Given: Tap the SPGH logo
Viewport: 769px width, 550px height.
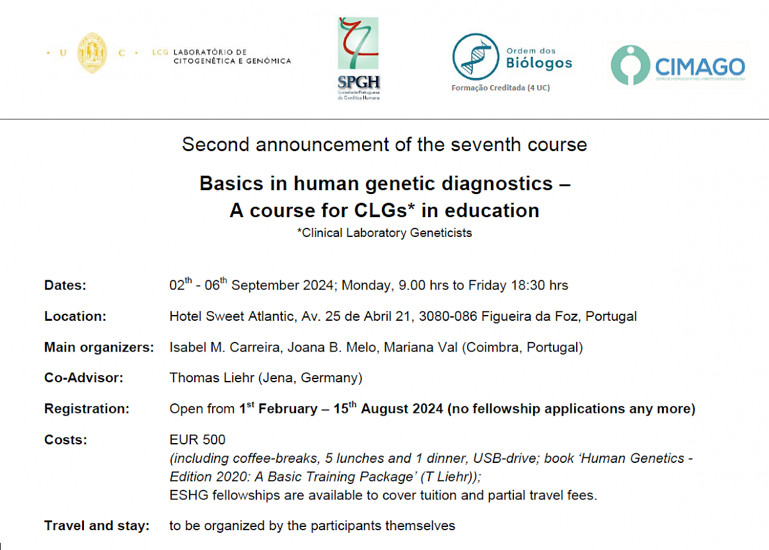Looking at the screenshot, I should tap(359, 58).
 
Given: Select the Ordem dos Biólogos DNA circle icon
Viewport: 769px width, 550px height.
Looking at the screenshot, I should tap(475, 56).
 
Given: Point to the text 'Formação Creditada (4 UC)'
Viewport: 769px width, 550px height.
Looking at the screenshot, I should tap(500, 88).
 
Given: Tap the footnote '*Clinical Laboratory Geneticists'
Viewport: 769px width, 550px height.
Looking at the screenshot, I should tap(384, 233).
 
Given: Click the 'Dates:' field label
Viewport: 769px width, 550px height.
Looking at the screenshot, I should tap(65, 286).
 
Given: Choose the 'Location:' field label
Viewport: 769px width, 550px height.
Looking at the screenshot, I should tap(75, 316).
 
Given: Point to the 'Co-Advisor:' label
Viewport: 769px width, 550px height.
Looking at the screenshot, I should tap(83, 378).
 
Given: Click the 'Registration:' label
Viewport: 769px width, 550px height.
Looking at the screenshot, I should tap(87, 408).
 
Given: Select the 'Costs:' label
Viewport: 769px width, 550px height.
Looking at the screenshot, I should tap(65, 440).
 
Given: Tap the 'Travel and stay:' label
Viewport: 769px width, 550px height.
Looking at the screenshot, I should tap(96, 526).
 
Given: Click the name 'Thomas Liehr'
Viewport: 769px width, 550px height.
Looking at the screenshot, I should tap(211, 378).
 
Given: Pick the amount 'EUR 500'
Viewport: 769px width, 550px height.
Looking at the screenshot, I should tap(197, 440).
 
